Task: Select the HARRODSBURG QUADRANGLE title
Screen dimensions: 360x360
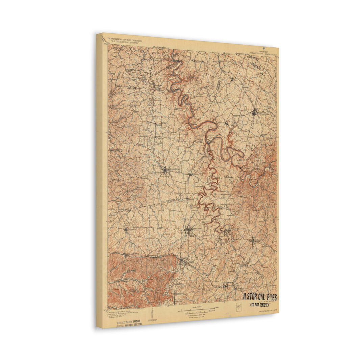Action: coord(263,54)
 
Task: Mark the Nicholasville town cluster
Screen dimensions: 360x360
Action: coord(254,113)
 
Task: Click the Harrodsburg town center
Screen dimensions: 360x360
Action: coord(165,170)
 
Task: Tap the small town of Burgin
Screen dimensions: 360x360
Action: coord(190,174)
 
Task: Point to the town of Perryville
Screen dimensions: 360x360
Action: coord(126,230)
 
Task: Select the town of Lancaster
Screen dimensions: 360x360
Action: coord(253,241)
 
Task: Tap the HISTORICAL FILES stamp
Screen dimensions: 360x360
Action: coord(260,298)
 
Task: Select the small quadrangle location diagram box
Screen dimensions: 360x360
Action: coord(239,307)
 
